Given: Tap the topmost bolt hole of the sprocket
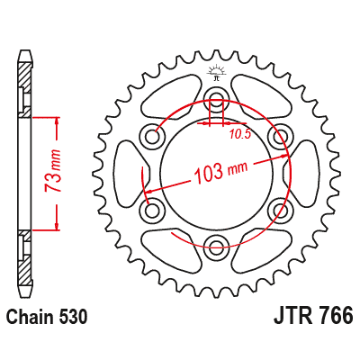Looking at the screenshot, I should pyautogui.click(x=216, y=99).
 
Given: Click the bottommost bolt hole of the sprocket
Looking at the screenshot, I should pyautogui.click(x=216, y=243).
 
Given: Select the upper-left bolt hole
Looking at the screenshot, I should pyautogui.click(x=153, y=135).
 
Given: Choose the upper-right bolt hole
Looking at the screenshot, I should pyautogui.click(x=279, y=135).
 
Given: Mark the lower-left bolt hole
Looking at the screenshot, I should pyautogui.click(x=153, y=208).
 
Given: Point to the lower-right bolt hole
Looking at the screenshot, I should pyautogui.click(x=279, y=208).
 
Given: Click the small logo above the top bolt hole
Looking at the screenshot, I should pyautogui.click(x=216, y=73).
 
